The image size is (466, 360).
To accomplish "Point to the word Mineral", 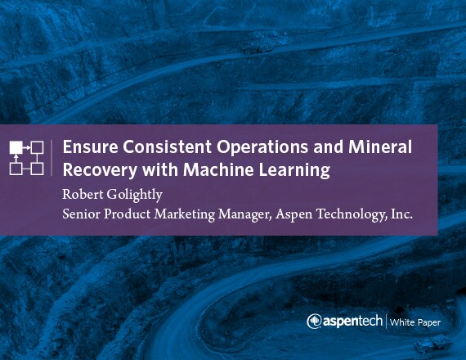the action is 380,146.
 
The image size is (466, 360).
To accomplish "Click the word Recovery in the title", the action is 101,170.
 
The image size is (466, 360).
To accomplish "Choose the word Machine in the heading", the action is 218,169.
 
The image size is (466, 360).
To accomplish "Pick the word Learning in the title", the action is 294,170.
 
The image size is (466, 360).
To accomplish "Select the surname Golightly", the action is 134,196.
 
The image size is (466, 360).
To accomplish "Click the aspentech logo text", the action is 352,322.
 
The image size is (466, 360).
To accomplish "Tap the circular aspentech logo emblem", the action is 314,322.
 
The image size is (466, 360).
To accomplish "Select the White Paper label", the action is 415,322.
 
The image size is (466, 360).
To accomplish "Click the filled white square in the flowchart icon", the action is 16,147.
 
